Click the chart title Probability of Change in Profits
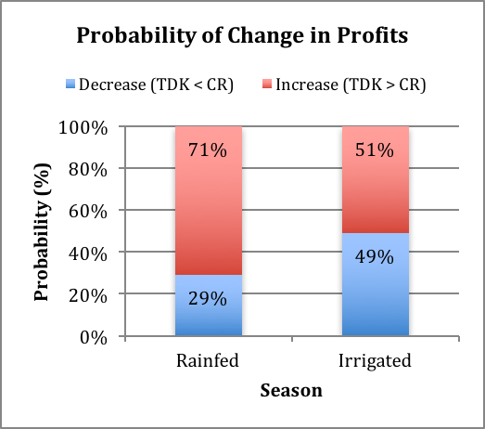pos(242,35)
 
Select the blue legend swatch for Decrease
pos(70,84)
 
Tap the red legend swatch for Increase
pos(267,84)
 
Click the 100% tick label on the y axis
pos(83,128)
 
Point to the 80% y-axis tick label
pos(88,170)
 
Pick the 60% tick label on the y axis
pos(88,212)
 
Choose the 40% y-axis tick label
pos(88,253)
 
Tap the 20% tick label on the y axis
pos(88,295)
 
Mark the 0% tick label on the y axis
pos(94,337)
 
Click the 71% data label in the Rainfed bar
pos(208,149)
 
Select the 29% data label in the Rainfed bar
pos(208,299)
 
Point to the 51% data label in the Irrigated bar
pos(375,149)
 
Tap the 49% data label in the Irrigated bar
pos(375,257)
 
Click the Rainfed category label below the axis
pos(208,360)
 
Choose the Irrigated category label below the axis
pos(375,361)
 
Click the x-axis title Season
pos(291,390)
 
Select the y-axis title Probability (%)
pos(42,232)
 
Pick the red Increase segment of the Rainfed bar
pos(209,201)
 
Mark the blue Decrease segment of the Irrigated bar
pos(376,284)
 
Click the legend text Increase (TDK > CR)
pos(351,84)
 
